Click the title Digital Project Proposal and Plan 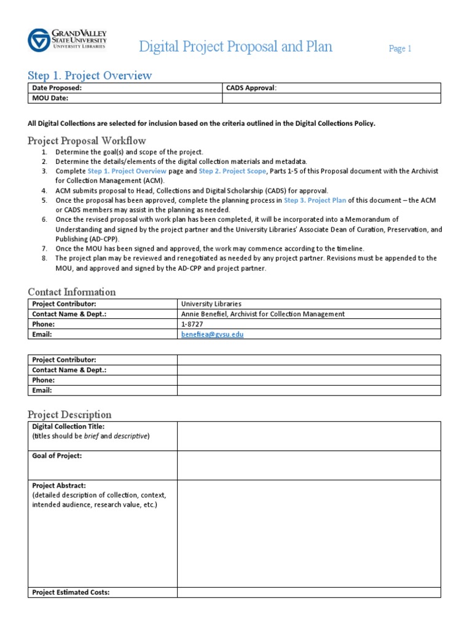(x=235, y=47)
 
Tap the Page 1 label (x=399, y=49)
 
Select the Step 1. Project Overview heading (x=90, y=76)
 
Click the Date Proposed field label (x=57, y=88)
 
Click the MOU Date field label (x=50, y=98)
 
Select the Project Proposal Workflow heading (x=87, y=141)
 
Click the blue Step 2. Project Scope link (x=232, y=171)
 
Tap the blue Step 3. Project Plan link (x=315, y=200)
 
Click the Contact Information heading (x=71, y=292)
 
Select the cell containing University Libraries (x=211, y=303)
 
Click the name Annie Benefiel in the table (x=204, y=314)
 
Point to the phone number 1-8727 (x=191, y=324)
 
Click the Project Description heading (x=69, y=415)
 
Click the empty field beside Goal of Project (x=309, y=465)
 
